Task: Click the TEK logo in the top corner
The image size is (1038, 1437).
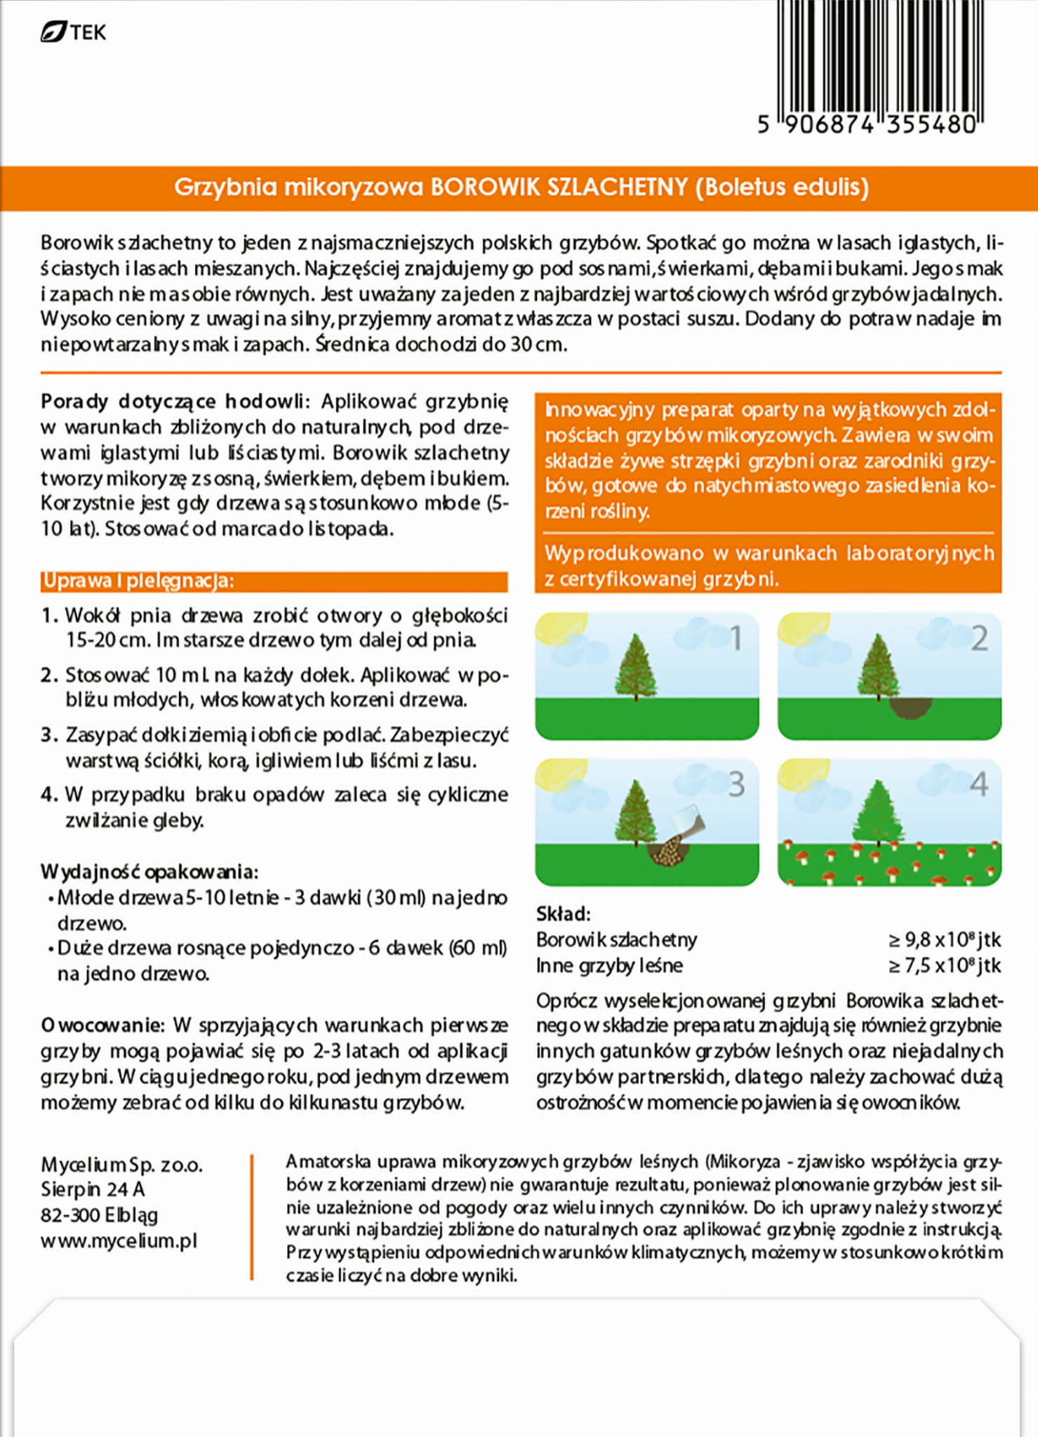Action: pyautogui.click(x=73, y=32)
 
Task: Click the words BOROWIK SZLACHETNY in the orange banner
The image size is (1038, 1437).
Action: pyautogui.click(x=559, y=187)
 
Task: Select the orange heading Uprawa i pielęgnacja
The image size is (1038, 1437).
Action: pyautogui.click(x=138, y=581)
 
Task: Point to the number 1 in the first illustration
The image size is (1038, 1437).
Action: pyautogui.click(x=736, y=638)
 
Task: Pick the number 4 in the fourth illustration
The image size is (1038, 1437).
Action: pyautogui.click(x=978, y=784)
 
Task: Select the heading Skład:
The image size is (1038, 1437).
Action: pyautogui.click(x=563, y=913)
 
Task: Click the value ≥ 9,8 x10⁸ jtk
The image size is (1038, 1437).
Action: pyautogui.click(x=945, y=939)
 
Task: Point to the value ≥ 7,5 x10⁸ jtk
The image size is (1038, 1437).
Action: pyautogui.click(x=945, y=965)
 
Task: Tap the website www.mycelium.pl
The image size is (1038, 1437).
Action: pyautogui.click(x=119, y=1240)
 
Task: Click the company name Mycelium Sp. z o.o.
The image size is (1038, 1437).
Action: pyautogui.click(x=121, y=1165)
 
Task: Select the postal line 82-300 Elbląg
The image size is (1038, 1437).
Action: pyautogui.click(x=99, y=1214)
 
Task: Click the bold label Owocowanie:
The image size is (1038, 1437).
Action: pyautogui.click(x=102, y=1025)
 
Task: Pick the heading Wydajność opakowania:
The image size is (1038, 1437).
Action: pyautogui.click(x=149, y=872)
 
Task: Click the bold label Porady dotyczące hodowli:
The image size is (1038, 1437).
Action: pyautogui.click(x=173, y=402)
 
